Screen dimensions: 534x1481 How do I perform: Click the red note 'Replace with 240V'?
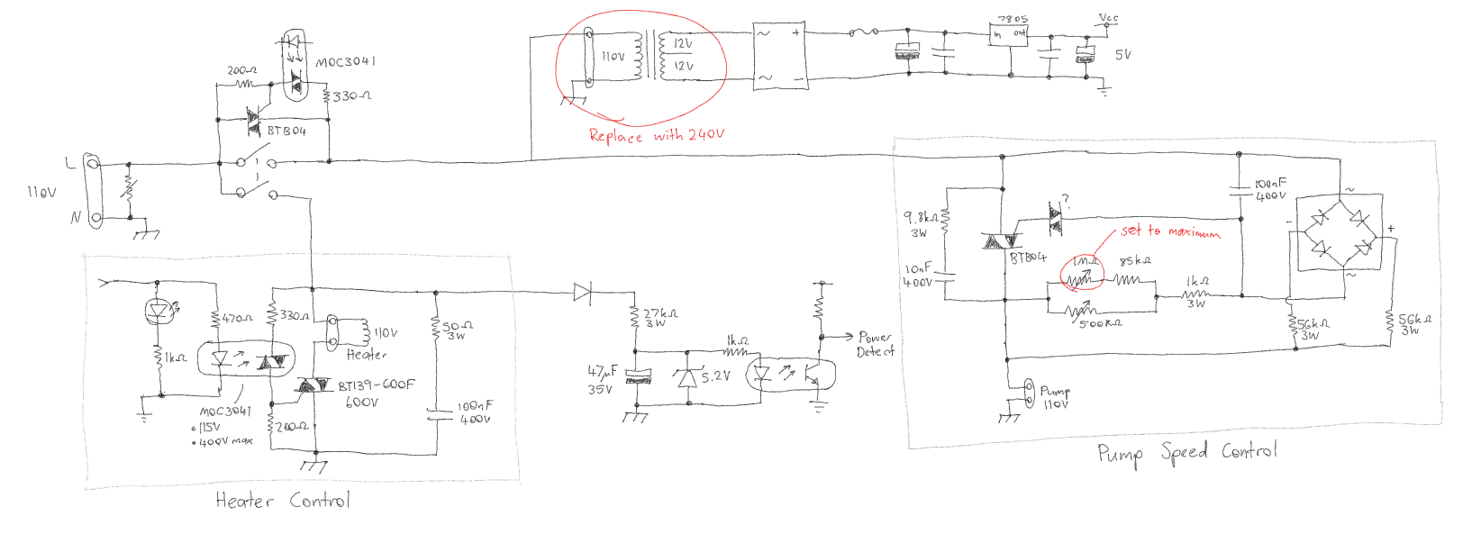656,135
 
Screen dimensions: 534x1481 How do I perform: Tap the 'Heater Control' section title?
282,501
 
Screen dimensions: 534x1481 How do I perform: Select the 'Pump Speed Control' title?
1186,452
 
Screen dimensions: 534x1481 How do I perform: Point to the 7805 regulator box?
1009,33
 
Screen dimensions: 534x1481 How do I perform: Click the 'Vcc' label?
1108,17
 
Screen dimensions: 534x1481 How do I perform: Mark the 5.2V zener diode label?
716,376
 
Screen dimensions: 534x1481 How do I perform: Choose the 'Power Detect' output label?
875,344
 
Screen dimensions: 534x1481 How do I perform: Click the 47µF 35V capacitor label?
602,379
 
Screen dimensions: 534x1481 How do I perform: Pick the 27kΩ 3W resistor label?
660,317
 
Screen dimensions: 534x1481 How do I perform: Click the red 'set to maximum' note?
1170,231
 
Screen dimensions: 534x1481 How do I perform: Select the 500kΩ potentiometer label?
1100,322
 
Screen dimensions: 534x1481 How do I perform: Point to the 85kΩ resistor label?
1134,261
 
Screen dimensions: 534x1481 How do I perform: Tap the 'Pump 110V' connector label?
1055,397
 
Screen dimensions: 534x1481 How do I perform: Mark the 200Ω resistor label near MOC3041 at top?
241,70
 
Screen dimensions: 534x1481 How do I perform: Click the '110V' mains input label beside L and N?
41,193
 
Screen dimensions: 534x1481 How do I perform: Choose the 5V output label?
1122,55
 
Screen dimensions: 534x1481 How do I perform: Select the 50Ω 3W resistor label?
458,330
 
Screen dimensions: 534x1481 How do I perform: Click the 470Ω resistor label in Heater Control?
238,319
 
